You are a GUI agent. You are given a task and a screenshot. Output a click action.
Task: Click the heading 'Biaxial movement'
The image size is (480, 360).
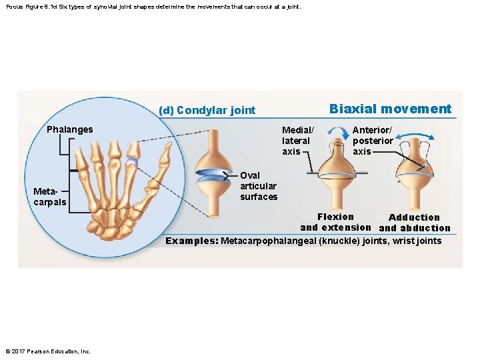[x=390, y=109]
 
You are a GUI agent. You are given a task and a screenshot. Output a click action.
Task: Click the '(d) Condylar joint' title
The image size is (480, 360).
[x=207, y=110]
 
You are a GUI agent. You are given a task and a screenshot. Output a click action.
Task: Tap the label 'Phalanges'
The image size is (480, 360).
[x=70, y=129]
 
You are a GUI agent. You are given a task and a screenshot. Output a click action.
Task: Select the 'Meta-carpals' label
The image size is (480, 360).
[x=50, y=197]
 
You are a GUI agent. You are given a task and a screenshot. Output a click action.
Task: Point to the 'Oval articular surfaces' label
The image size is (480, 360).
[x=259, y=186]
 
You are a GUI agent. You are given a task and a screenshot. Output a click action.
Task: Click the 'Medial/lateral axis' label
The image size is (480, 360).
[x=297, y=141]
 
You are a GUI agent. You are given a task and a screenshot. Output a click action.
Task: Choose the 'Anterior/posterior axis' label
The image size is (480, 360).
[x=372, y=141]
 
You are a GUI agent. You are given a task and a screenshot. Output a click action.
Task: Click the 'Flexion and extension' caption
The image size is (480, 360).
[x=335, y=222]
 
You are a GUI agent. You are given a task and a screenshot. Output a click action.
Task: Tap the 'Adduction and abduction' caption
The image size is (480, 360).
[x=414, y=223]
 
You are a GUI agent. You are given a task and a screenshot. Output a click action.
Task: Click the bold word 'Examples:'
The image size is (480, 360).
[x=192, y=241]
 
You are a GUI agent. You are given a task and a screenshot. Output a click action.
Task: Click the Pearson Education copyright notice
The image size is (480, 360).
[x=48, y=351]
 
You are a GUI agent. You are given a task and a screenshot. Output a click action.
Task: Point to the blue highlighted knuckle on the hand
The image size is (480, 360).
[x=132, y=161]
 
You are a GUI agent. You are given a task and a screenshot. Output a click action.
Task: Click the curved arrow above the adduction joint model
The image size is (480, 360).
[x=414, y=137]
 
